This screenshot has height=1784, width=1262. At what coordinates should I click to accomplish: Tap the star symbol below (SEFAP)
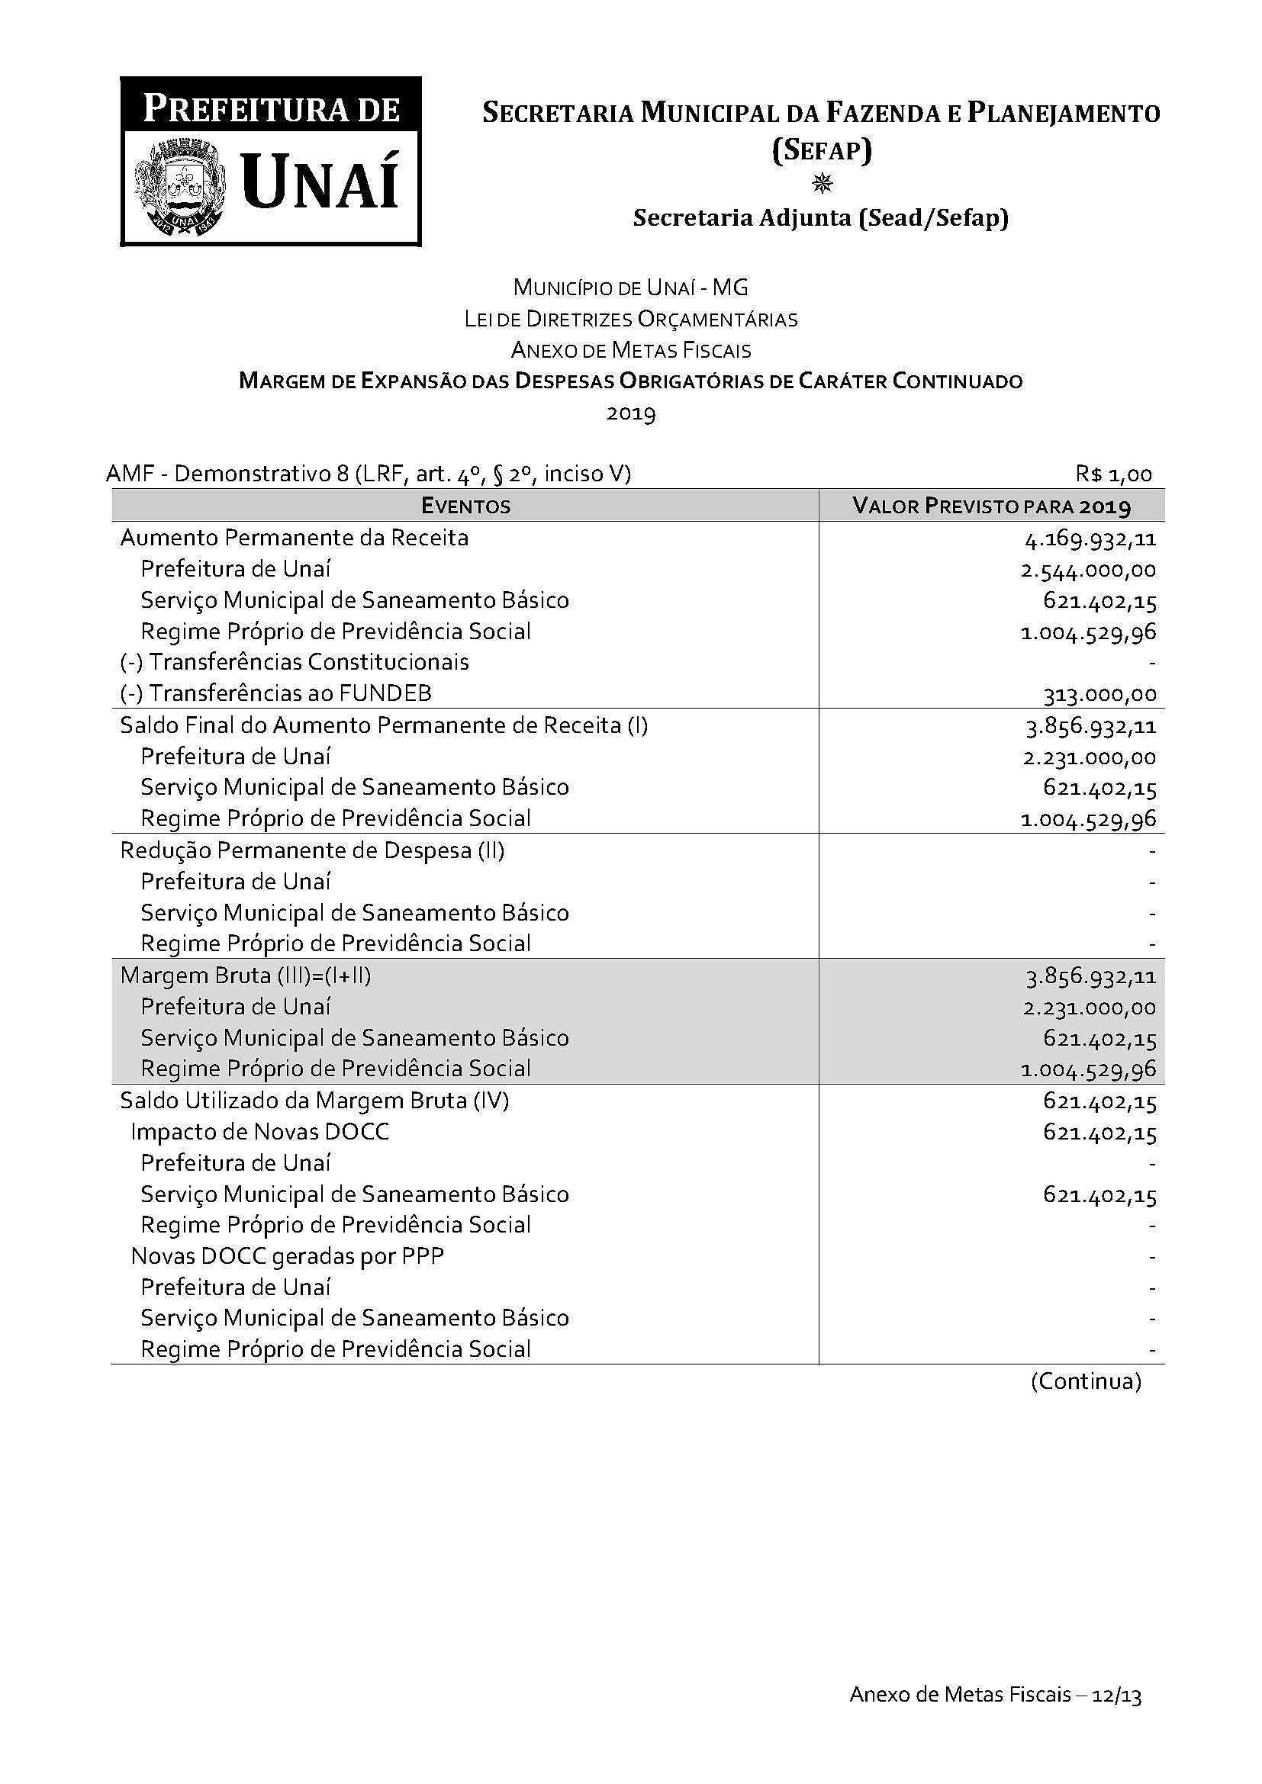(822, 183)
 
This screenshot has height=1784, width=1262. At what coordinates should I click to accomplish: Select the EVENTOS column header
(465, 506)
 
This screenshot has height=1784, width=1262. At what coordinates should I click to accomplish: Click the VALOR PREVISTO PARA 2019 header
(991, 506)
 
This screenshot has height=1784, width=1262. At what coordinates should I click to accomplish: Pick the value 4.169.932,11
(1090, 538)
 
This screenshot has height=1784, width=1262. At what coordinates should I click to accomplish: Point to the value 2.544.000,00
(1088, 571)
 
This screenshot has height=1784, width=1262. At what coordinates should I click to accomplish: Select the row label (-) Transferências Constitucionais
(295, 662)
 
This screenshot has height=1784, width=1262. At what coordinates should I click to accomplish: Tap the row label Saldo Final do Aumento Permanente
(384, 725)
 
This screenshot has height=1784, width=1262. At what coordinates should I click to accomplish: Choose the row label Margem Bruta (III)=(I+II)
(246, 976)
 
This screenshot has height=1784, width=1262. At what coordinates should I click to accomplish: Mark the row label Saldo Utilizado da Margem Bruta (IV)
(314, 1101)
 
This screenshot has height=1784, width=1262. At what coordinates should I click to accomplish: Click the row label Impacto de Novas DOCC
(259, 1132)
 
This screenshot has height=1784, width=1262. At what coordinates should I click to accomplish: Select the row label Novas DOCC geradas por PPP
(288, 1256)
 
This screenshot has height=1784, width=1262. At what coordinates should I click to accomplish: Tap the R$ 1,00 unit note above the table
(1113, 474)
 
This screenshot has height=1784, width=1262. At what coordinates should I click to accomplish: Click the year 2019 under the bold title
(631, 413)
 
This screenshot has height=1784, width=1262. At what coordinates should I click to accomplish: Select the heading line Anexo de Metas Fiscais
(631, 350)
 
